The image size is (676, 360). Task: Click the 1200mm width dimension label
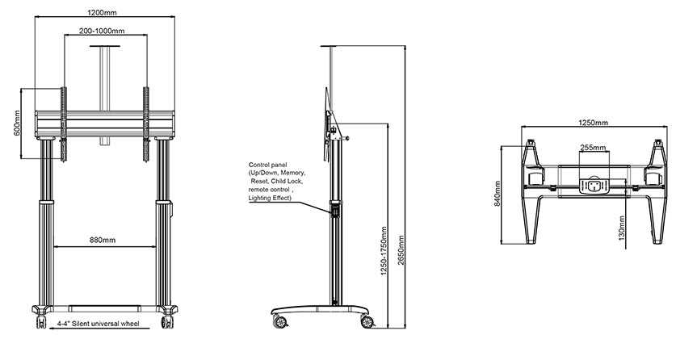tap(102, 12)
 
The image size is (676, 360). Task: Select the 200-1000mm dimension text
tap(102, 31)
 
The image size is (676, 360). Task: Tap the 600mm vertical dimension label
tap(17, 123)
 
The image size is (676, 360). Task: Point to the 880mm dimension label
tap(103, 240)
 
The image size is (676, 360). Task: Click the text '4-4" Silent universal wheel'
tap(99, 324)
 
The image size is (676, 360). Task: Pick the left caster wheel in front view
tap(41, 321)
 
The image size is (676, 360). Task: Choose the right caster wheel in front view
tap(167, 321)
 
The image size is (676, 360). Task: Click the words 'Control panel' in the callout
tap(267, 165)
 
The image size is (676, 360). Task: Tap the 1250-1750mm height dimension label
tap(384, 251)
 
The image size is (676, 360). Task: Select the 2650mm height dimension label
tap(401, 250)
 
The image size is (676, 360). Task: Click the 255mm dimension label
tap(593, 148)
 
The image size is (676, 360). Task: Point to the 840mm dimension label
tap(497, 194)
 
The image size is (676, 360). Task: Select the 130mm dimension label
tap(621, 233)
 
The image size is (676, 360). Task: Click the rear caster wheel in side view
tap(279, 321)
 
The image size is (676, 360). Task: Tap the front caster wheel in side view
tap(367, 321)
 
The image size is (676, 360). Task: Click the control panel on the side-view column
tap(334, 211)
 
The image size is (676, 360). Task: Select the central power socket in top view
tap(594, 186)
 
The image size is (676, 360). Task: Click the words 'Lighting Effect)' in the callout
tap(270, 198)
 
